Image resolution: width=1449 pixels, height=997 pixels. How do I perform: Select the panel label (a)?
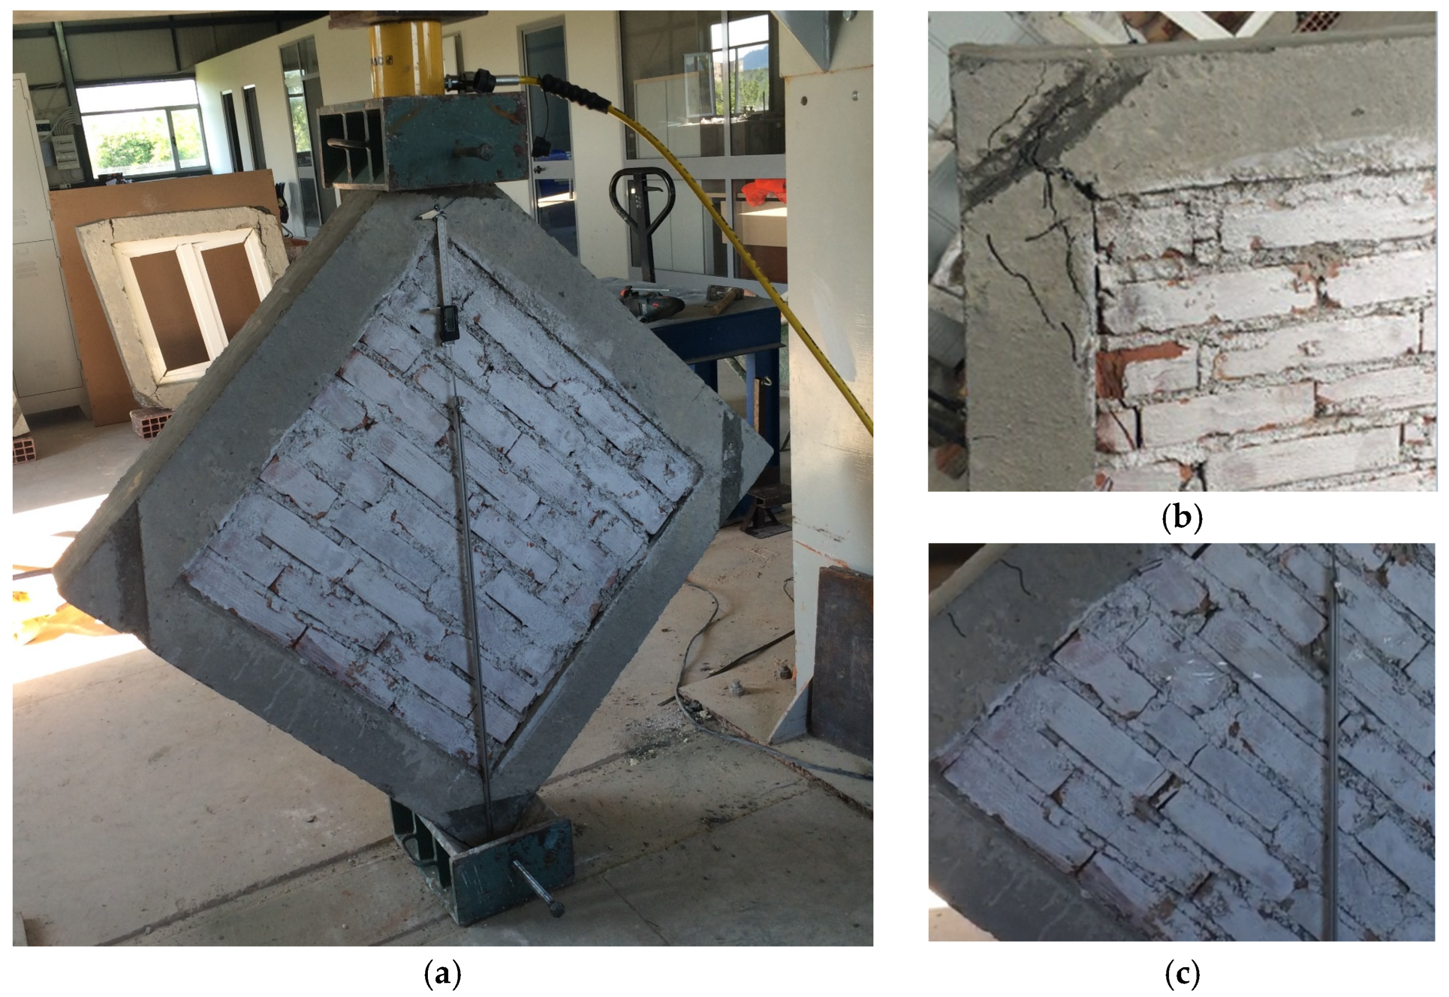[443, 974]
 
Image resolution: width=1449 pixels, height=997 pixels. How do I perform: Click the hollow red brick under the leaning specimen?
[150, 421]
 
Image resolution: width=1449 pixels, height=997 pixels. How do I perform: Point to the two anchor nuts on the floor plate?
[760, 681]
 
